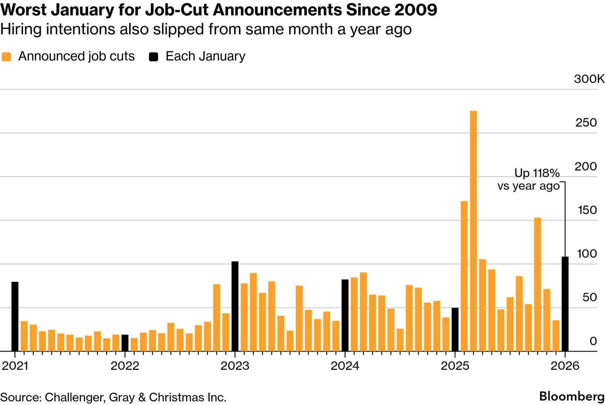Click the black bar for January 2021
15,316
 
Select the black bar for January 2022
125,343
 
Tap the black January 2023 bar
235,306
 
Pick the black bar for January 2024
345,315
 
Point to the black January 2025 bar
455,329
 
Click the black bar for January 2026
565,304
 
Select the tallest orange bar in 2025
473,231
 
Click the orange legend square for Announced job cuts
6,57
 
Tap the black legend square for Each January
153,57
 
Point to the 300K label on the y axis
589,79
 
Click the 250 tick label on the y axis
586,122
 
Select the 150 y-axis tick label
587,210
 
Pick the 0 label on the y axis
593,341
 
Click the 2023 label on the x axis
235,366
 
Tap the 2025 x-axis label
455,366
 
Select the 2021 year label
15,366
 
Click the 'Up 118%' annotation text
537,173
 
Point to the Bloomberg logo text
572,396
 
